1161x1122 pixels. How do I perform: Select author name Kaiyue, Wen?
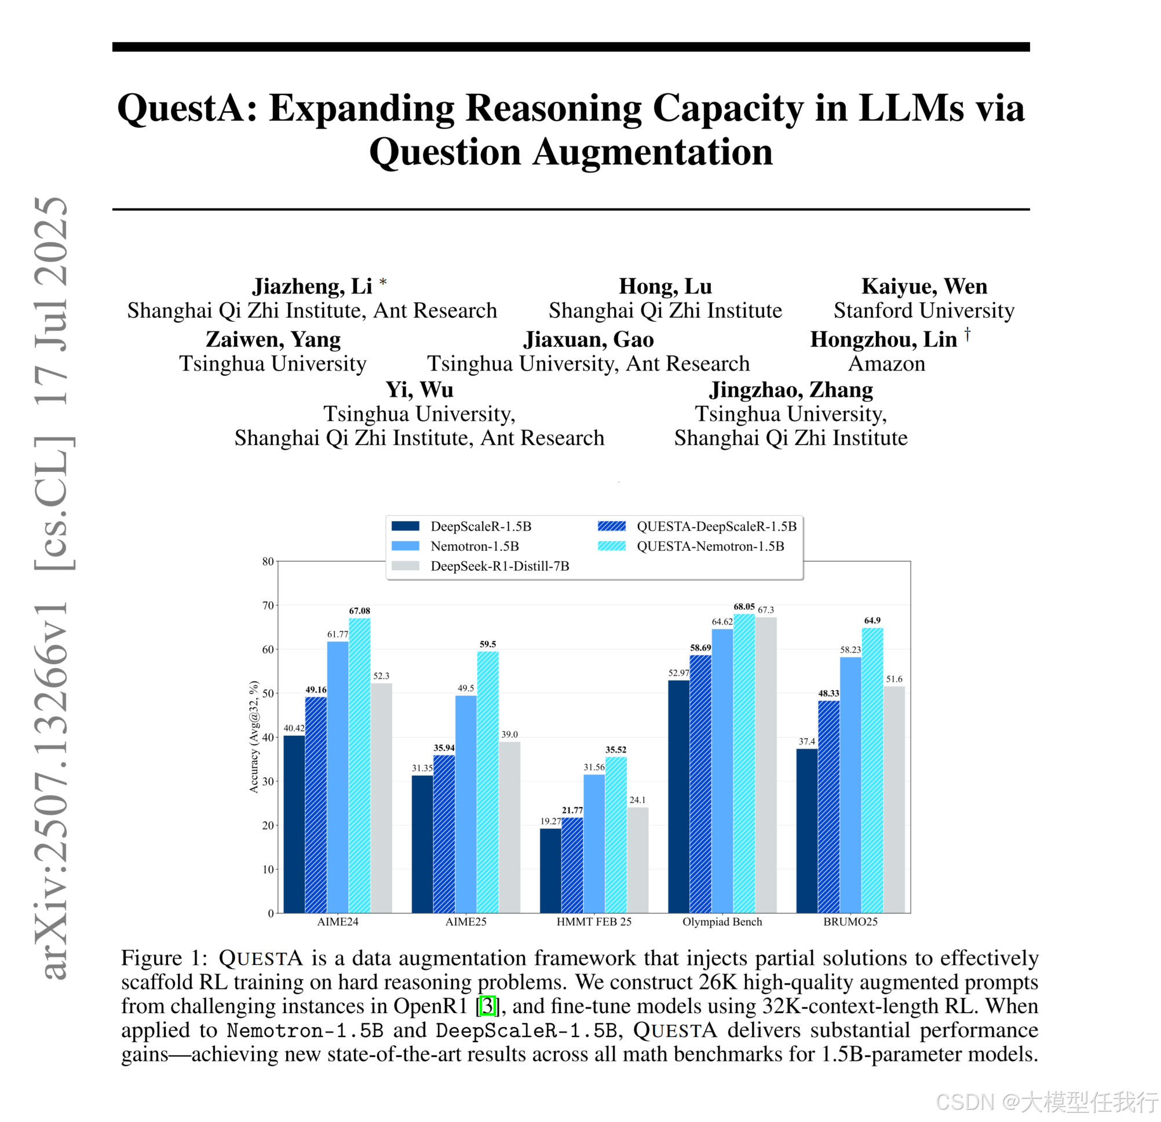coord(924,286)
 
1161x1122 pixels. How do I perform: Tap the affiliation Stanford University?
coord(923,310)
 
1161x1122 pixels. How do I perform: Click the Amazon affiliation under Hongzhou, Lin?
coord(886,364)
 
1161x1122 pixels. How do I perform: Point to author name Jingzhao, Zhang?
coord(791,390)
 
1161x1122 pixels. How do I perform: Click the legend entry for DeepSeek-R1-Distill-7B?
coord(499,566)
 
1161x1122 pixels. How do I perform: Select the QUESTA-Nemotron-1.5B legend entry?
coord(710,546)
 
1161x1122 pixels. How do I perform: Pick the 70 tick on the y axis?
coord(268,605)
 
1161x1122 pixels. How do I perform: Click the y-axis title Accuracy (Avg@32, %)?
coord(254,737)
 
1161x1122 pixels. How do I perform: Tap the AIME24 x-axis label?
coord(338,922)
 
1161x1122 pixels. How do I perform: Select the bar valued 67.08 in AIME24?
coord(360,764)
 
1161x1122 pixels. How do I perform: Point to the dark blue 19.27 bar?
coord(550,870)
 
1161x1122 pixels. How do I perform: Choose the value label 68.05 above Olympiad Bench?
coord(744,607)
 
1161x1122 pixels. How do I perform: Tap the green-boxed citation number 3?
coord(487,1006)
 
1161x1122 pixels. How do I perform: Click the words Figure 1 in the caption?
coord(160,958)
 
